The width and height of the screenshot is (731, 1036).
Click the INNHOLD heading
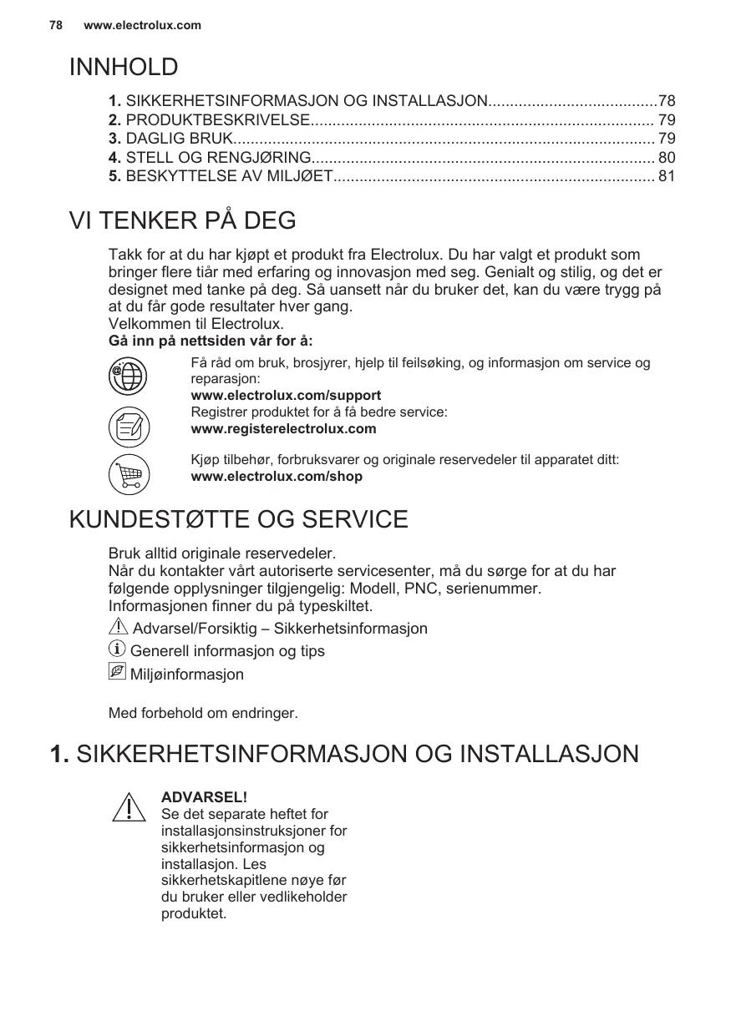pyautogui.click(x=124, y=67)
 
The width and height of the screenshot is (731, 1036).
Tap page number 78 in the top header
pyautogui.click(x=56, y=25)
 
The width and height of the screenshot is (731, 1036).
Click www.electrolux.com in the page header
pyautogui.click(x=143, y=25)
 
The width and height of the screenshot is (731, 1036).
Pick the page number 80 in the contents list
pyautogui.click(x=667, y=157)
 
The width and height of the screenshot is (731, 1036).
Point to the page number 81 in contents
pyautogui.click(x=667, y=176)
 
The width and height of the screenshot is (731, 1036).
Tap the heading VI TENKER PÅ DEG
pyautogui.click(x=183, y=221)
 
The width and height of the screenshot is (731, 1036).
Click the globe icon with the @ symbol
pyautogui.click(x=129, y=376)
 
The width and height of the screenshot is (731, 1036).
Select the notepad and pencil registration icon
pyautogui.click(x=129, y=427)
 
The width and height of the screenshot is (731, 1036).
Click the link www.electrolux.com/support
pyautogui.click(x=286, y=396)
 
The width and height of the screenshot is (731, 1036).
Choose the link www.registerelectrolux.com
pyautogui.click(x=283, y=429)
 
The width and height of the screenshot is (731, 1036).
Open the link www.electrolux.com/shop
pyautogui.click(x=277, y=478)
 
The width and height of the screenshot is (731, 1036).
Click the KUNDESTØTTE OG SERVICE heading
pyautogui.click(x=239, y=519)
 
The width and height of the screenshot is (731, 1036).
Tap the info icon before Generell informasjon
pyautogui.click(x=118, y=649)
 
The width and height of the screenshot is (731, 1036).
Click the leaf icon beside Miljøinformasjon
pyautogui.click(x=118, y=672)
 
